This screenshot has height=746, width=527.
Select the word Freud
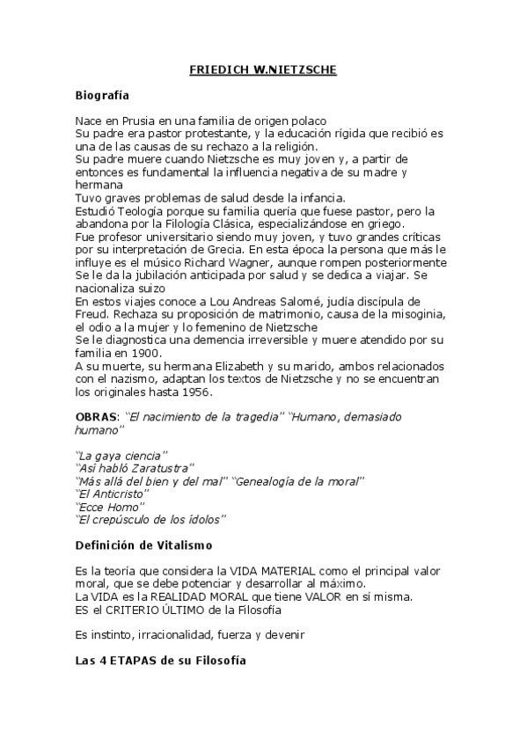pos(91,315)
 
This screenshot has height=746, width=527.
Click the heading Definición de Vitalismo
pos(143,545)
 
